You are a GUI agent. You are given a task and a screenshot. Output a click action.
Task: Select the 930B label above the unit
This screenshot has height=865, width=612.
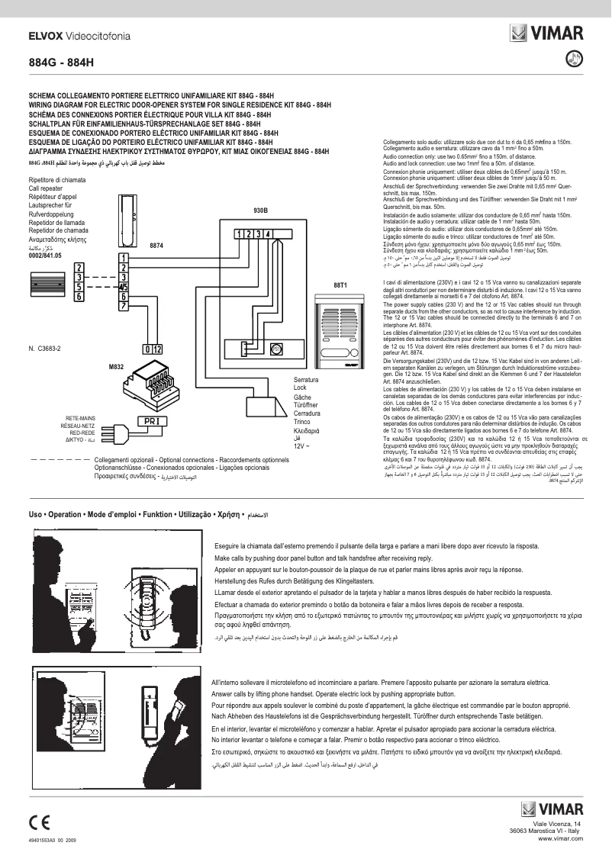pos(260,210)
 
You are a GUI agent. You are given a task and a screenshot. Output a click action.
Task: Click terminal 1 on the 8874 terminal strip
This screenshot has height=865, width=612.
pos(123,257)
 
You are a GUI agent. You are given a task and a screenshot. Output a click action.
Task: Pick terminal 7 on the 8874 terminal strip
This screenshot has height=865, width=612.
pos(123,306)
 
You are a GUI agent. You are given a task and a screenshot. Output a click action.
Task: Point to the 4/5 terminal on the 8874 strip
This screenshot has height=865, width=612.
pos(123,287)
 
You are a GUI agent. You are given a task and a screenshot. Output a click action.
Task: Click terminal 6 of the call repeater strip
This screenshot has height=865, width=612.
pos(79,297)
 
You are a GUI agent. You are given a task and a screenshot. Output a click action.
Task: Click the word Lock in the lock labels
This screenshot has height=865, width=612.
pos(300,388)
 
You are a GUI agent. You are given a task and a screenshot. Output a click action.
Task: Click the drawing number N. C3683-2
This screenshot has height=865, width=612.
pos(44,348)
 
